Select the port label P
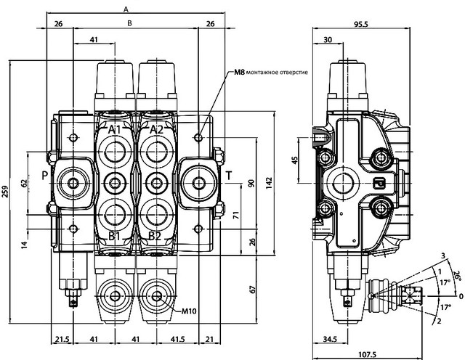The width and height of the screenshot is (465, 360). [45, 176]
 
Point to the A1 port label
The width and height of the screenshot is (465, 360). [115, 130]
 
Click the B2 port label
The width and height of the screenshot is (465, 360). [155, 236]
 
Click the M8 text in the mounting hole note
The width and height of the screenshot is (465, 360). [239, 73]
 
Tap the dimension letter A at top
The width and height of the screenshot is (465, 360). [126, 9]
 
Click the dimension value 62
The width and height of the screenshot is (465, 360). [24, 183]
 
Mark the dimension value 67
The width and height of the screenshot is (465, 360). [252, 289]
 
